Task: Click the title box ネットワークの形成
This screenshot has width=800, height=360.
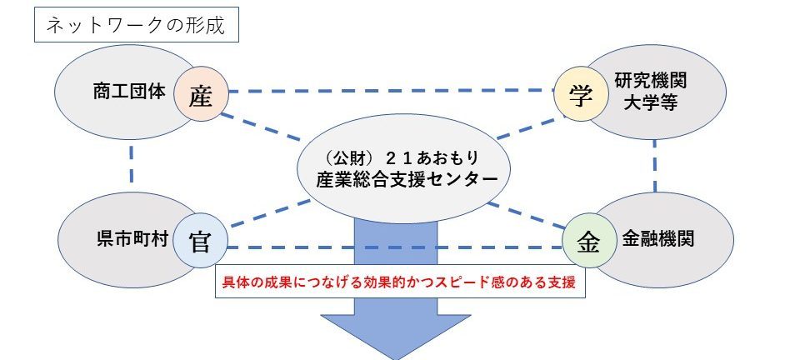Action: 136,24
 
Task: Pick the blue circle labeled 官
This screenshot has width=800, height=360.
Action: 200,241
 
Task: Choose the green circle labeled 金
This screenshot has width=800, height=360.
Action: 589,241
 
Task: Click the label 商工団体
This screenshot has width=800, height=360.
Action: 130,92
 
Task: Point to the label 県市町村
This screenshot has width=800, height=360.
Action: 132,239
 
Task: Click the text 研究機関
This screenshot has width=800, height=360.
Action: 651,80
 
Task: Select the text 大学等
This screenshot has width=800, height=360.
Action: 651,102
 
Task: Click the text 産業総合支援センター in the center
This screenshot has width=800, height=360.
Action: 407,179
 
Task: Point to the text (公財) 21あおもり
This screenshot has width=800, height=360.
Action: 402,157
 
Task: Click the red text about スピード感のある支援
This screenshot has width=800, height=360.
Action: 400,282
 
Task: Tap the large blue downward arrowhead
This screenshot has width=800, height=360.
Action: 395,337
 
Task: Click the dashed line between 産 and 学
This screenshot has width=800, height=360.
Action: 391,92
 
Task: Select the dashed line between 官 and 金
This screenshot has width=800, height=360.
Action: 394,247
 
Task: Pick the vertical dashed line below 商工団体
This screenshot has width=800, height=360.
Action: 132,165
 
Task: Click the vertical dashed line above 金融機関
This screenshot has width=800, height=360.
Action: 655,167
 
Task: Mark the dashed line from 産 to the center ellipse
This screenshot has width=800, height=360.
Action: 261,127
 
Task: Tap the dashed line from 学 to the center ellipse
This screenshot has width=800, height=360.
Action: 531,127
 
